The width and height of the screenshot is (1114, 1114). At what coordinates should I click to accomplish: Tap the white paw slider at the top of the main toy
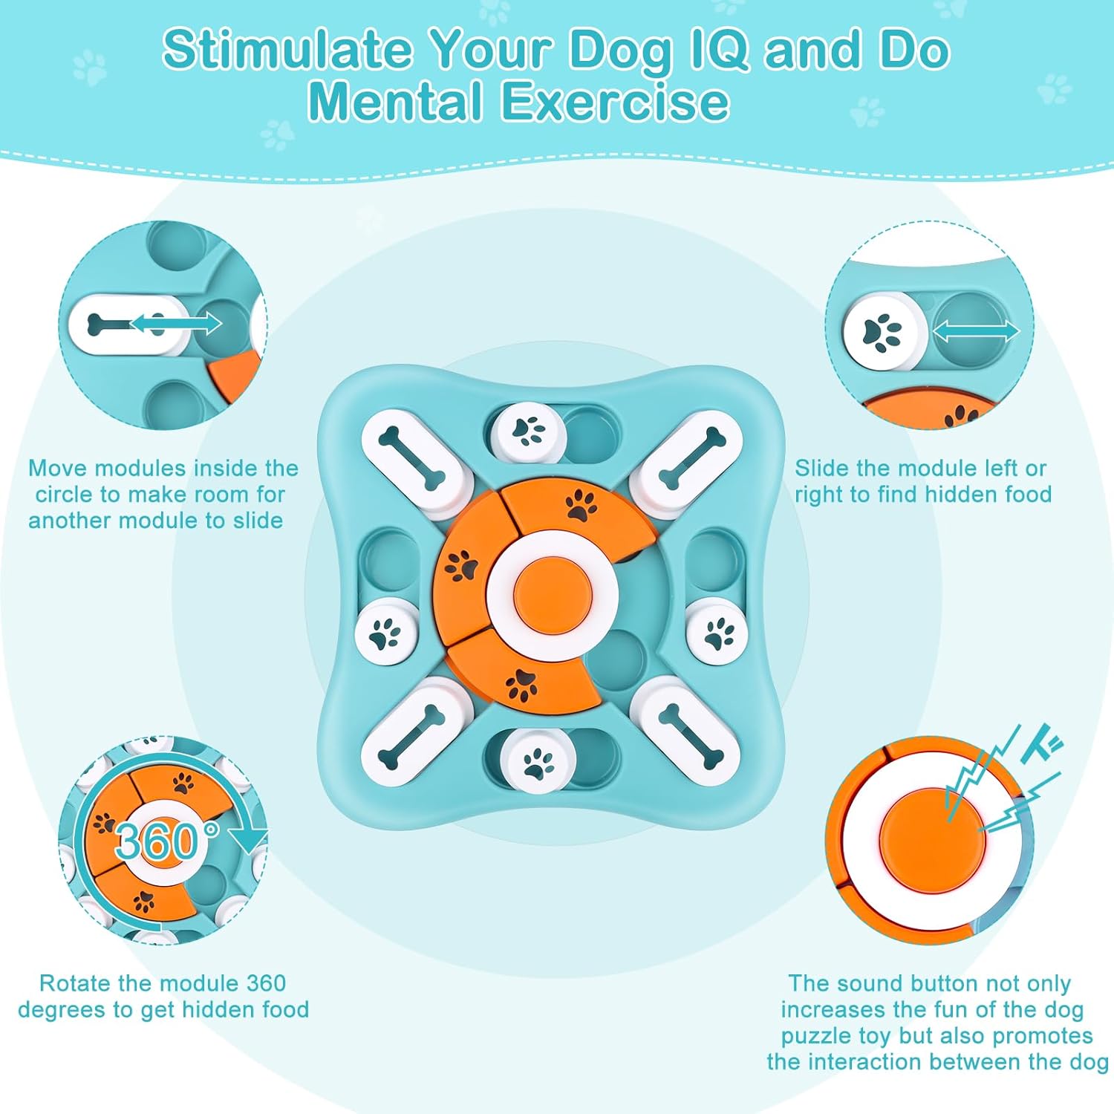(529, 433)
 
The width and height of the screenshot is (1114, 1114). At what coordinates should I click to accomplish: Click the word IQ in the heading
(719, 51)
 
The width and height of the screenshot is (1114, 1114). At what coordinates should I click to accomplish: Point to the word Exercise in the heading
(616, 102)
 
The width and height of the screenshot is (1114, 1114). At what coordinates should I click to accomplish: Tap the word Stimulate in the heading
(287, 49)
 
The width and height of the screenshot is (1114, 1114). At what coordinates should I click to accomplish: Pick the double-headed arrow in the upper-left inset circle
(175, 323)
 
